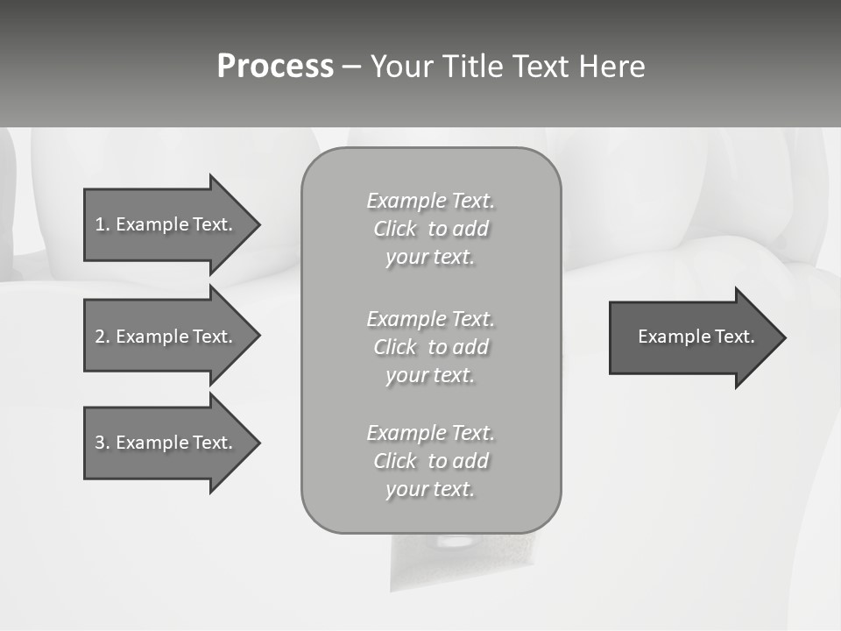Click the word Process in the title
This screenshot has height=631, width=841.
pyautogui.click(x=275, y=67)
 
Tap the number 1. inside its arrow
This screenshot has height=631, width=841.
pyautogui.click(x=102, y=224)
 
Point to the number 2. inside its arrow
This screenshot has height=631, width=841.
pyautogui.click(x=102, y=337)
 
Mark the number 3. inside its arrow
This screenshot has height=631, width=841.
pyautogui.click(x=102, y=443)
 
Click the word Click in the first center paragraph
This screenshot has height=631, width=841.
pyautogui.click(x=394, y=230)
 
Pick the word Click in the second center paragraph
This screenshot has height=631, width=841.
pyautogui.click(x=394, y=347)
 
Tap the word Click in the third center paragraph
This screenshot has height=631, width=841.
pyautogui.click(x=394, y=461)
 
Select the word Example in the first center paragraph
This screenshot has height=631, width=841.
pyautogui.click(x=406, y=201)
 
